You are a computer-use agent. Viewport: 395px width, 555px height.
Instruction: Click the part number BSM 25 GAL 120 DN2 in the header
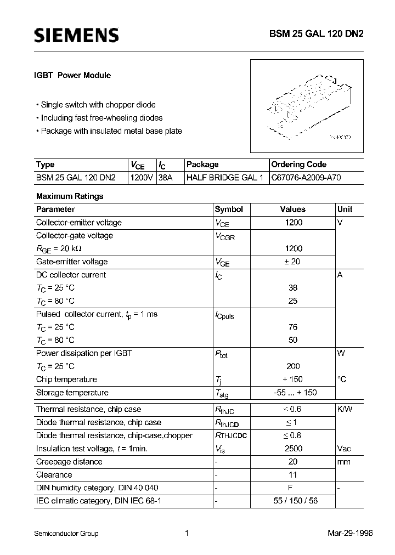point(323,34)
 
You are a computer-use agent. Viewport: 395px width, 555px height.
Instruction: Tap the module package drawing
point(307,106)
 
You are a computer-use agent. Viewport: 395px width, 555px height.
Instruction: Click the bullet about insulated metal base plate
point(109,131)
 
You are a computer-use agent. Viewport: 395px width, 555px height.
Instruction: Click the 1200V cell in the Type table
point(142,178)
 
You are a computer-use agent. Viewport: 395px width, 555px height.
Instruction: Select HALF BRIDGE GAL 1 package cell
point(225,178)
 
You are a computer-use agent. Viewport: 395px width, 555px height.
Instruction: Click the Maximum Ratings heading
point(70,196)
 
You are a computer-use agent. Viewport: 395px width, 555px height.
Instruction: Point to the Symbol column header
point(229,209)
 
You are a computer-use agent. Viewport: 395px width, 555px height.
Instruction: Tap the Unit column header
point(345,209)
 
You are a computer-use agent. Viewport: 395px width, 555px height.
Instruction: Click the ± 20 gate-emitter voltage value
point(292,262)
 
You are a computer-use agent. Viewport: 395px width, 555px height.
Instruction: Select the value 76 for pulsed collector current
point(293,327)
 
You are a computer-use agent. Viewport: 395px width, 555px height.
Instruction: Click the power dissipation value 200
point(293,366)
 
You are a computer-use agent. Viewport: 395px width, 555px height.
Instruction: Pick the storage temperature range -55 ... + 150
point(294,393)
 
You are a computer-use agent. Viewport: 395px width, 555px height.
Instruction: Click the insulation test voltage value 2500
point(294,449)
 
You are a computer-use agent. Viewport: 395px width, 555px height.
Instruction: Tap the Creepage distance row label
point(69,462)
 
